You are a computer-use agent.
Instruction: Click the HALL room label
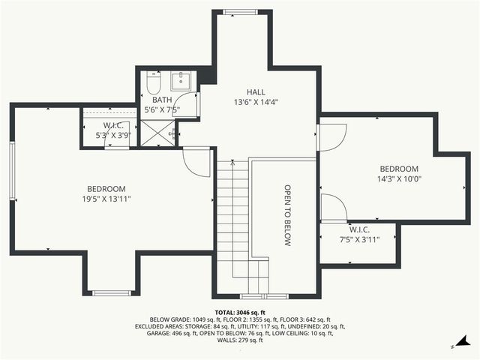[x=256, y=91]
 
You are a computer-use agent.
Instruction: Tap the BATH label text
[x=162, y=99]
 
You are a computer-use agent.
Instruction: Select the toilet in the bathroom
[x=154, y=82]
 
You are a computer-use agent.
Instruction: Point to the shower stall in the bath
[x=159, y=133]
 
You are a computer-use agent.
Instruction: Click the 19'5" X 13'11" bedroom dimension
[x=106, y=199]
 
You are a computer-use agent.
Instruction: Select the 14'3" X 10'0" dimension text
[x=399, y=179]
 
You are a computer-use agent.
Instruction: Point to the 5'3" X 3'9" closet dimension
[x=113, y=136]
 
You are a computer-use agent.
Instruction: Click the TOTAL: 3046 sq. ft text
[x=240, y=312]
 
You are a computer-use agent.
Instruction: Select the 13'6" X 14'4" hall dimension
[x=256, y=102]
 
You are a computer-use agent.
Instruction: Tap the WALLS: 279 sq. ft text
[x=240, y=340]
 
